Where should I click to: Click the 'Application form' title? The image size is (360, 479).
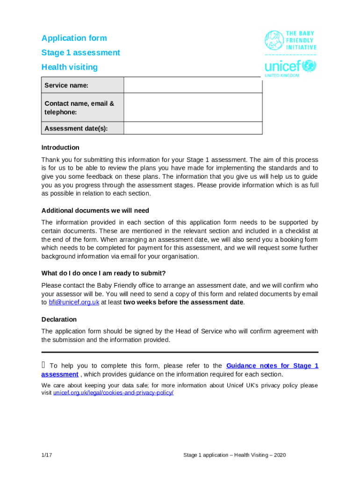point(74,38)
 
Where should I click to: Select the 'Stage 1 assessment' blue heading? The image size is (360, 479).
point(80,53)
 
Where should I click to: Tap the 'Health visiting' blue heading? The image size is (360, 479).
point(70,67)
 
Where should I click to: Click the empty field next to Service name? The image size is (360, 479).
point(193,85)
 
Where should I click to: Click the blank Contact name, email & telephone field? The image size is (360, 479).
point(193,108)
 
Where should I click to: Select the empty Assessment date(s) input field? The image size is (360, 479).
point(193,128)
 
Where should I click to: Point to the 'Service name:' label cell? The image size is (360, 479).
point(83,85)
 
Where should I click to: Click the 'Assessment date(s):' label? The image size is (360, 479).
point(83,129)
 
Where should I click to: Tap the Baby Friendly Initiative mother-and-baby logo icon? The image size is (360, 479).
point(274,40)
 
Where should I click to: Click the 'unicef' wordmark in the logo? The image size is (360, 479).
point(283,66)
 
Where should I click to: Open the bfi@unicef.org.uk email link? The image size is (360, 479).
point(74,303)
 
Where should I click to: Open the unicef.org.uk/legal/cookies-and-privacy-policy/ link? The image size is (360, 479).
point(113,393)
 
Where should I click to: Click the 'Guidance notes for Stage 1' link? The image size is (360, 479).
point(272,366)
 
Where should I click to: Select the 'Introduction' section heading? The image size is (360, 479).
point(60,148)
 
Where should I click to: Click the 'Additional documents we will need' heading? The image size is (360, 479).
point(95,211)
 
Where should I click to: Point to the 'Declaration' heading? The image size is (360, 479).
point(59,319)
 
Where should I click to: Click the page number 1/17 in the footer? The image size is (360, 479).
point(46,455)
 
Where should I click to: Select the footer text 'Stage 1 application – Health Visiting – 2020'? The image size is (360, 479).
point(234,455)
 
